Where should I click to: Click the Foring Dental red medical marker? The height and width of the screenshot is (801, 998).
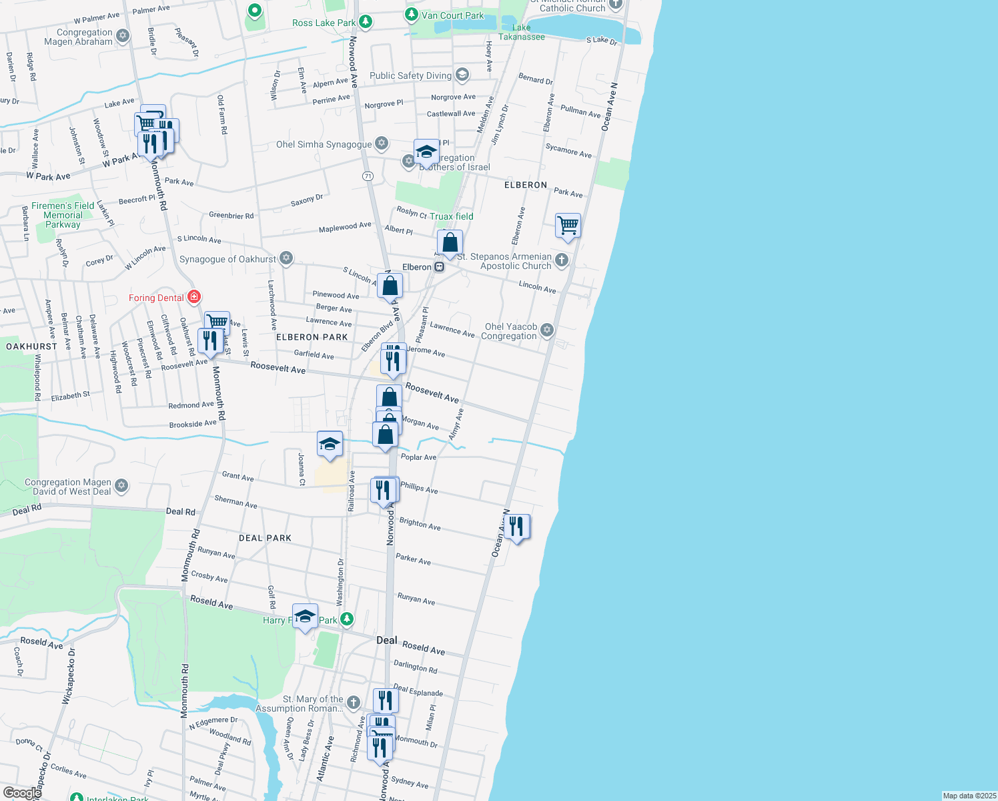pyautogui.click(x=194, y=296)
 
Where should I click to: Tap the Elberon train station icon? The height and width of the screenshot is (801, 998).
pyautogui.click(x=439, y=267)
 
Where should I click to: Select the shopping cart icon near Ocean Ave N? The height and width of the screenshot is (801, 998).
pyautogui.click(x=568, y=226)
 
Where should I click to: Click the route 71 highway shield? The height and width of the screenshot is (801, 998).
pyautogui.click(x=368, y=176)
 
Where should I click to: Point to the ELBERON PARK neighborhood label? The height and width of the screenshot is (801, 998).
pyautogui.click(x=312, y=337)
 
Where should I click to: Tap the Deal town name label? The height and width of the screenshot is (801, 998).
pyautogui.click(x=386, y=640)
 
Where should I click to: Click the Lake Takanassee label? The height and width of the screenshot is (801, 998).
pyautogui.click(x=522, y=32)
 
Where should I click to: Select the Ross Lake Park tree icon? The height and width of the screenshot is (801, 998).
pyautogui.click(x=366, y=22)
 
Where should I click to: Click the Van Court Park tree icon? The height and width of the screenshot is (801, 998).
pyautogui.click(x=412, y=15)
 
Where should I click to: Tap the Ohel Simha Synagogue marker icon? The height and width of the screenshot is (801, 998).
pyautogui.click(x=382, y=143)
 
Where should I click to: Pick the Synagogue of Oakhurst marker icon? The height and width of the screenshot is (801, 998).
pyautogui.click(x=286, y=258)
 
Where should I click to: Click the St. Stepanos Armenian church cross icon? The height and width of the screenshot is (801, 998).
pyautogui.click(x=562, y=260)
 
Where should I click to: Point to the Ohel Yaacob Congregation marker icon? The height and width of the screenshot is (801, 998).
pyautogui.click(x=547, y=330)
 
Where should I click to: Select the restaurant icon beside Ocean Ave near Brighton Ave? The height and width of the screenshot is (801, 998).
pyautogui.click(x=516, y=527)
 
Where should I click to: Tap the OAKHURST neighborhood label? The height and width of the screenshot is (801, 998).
pyautogui.click(x=31, y=346)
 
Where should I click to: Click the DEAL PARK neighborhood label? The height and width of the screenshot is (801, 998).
pyautogui.click(x=265, y=538)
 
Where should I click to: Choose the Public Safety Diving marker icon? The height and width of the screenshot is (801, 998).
pyautogui.click(x=462, y=75)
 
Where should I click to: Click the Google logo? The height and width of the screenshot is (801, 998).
pyautogui.click(x=22, y=792)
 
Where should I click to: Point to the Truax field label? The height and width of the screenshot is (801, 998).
pyautogui.click(x=451, y=216)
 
